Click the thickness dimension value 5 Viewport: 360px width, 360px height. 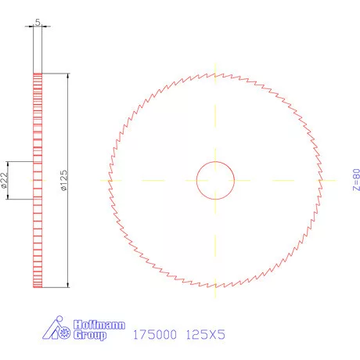point(38,23)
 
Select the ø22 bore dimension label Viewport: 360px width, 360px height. point(5,180)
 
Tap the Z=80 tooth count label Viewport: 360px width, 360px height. point(356,179)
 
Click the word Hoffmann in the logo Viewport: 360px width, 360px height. point(98,322)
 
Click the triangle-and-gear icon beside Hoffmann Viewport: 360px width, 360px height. point(58,329)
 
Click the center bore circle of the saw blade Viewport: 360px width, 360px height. point(214,180)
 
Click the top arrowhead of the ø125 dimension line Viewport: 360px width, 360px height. point(68,76)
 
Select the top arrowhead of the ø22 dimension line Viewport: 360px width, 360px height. point(9,164)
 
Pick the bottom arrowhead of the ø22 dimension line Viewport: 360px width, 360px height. point(9,196)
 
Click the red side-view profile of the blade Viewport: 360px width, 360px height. point(37,235)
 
